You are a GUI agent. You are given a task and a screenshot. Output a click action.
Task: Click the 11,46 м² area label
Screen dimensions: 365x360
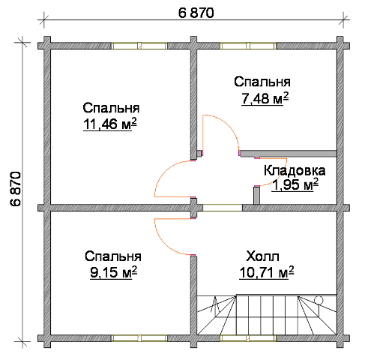110,124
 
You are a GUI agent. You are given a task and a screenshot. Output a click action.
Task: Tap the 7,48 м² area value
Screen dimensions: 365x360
265,97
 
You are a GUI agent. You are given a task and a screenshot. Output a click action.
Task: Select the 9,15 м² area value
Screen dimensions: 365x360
113,271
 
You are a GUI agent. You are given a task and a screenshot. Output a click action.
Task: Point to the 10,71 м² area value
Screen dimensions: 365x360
267,272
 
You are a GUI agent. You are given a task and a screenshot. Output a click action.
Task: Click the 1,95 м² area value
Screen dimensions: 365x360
295,184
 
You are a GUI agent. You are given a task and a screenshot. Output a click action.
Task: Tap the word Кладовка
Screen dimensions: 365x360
295,170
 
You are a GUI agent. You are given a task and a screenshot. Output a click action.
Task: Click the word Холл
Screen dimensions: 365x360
262,256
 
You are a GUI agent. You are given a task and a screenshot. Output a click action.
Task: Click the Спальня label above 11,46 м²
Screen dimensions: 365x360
111,108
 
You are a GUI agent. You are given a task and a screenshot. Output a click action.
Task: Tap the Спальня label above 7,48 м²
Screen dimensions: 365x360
262,82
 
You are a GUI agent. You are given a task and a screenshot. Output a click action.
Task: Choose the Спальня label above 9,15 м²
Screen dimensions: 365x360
113,256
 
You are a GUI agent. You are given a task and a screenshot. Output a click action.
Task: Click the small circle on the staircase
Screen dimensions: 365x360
319,300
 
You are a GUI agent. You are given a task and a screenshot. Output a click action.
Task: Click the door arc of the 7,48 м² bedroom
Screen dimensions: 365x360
229,124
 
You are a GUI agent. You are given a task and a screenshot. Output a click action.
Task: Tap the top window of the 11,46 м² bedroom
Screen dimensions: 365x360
139,46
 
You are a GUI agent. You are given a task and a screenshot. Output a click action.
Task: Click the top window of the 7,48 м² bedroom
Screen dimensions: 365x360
248,46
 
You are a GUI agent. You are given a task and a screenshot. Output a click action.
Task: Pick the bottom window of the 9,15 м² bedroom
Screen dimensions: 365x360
139,338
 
